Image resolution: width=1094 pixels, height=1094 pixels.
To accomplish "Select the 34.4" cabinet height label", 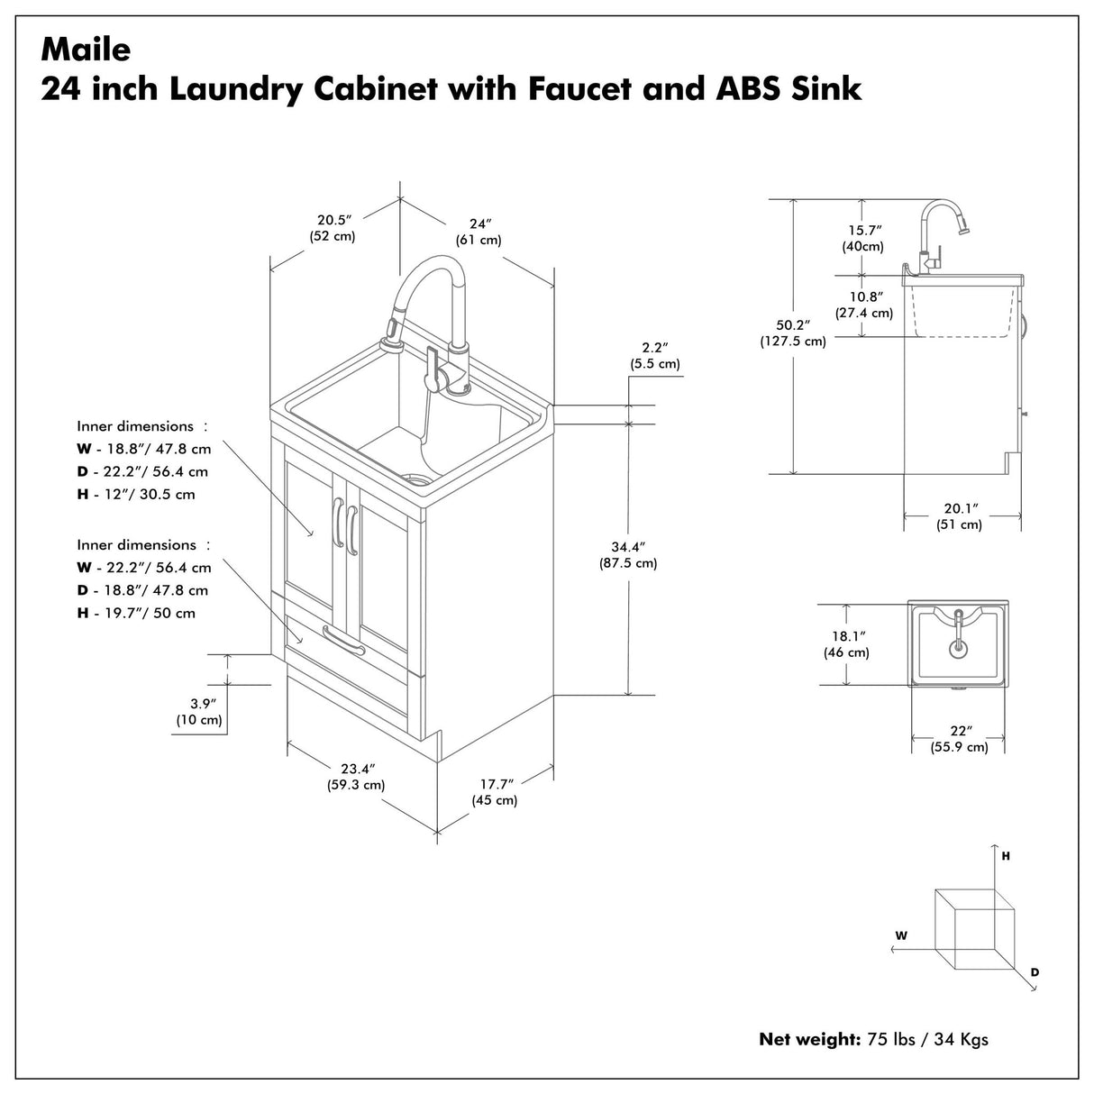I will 627,554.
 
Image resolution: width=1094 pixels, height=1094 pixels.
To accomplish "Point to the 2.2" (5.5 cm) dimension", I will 654,355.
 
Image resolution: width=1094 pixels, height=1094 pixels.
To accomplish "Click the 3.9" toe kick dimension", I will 199,710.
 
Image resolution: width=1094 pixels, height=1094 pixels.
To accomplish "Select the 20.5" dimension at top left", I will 333,227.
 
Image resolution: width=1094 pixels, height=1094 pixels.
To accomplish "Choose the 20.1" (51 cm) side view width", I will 959,516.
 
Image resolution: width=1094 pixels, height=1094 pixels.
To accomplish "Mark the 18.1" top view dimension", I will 845,643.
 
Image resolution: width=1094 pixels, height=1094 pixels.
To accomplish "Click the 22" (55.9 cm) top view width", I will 959,738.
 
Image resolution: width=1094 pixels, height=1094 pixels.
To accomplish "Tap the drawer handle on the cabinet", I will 344,642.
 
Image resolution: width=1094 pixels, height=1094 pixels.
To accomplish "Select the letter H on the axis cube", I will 1005,856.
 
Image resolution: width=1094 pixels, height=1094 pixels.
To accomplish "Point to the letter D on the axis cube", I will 1035,972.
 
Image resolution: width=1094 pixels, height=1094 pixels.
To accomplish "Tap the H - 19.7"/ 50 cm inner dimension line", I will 136,613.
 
